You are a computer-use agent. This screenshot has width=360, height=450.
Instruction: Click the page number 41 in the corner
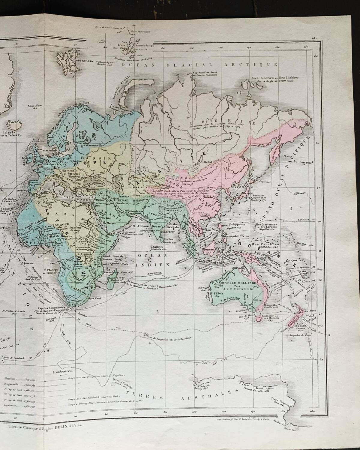[x=314, y=38]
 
